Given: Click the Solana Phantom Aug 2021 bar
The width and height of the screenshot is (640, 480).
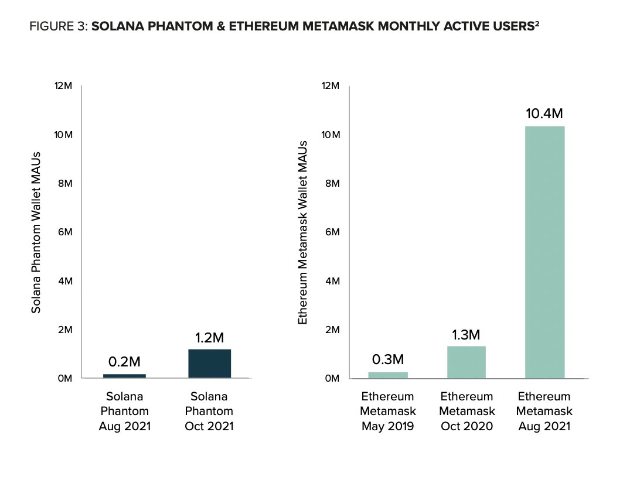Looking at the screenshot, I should coord(124,376).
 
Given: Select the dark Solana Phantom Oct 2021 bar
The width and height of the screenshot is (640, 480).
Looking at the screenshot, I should coord(209,364).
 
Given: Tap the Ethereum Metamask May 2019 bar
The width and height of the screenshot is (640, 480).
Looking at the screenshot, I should coord(387,375).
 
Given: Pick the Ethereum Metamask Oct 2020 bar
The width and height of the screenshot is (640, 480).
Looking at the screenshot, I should coord(466,362).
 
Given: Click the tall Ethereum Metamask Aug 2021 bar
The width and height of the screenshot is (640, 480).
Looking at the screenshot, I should coord(544,252).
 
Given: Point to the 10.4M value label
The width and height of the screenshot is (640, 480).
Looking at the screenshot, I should coord(544,114).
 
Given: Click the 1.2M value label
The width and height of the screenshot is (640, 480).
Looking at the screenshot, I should coord(209,338).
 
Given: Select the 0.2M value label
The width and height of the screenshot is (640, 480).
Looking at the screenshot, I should coord(124,363).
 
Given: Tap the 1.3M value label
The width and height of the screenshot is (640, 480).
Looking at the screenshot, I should coord(466,335).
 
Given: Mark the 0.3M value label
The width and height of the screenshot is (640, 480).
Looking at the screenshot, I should coord(387,359).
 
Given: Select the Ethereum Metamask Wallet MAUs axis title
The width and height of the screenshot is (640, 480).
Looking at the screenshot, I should coord(303,232).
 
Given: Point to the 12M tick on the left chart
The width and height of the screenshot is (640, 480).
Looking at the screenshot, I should coord(63,86).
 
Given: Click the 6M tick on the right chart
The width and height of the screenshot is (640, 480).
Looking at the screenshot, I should coord(332,232).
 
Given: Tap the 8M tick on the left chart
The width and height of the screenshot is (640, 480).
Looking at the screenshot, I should coord(64,184).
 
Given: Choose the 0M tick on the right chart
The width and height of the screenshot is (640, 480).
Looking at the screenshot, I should coord(332,379).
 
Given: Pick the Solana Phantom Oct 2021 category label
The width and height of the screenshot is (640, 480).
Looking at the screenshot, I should coord(209,411).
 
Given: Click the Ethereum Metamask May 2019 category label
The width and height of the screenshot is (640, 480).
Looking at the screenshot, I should coord(387,411).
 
